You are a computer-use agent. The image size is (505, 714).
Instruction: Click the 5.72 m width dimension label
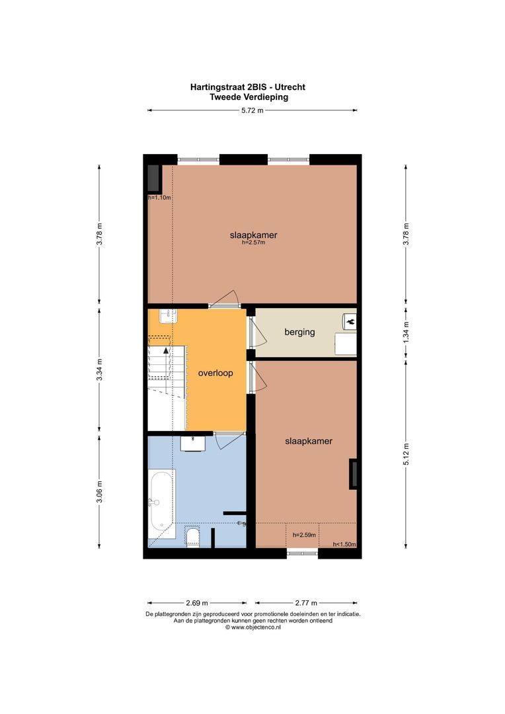point(252,110)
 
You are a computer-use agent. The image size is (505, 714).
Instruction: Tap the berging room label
point(299,332)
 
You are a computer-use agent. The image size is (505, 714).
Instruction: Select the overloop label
point(215,373)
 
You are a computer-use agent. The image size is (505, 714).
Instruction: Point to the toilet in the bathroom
point(193,536)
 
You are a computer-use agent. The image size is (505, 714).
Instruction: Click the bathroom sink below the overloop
point(193,442)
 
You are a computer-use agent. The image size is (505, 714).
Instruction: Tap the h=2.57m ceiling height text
point(253,243)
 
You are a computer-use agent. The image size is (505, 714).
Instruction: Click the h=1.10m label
point(159,198)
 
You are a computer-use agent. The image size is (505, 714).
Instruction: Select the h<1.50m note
point(344,544)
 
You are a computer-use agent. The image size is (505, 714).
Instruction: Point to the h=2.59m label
point(304,535)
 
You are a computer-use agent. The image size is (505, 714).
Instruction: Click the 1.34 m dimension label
point(407,333)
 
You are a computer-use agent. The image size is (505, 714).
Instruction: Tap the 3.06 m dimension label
point(100,492)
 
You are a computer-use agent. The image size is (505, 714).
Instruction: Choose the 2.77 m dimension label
point(306,603)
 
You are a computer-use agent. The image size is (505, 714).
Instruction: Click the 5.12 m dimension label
point(407,454)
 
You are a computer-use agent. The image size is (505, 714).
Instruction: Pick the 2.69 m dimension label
point(197,603)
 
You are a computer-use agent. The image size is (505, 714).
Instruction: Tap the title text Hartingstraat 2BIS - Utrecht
point(248,87)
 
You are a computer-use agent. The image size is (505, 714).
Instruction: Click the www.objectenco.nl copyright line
point(252,627)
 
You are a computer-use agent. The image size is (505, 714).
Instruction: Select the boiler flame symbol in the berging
point(350,321)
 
